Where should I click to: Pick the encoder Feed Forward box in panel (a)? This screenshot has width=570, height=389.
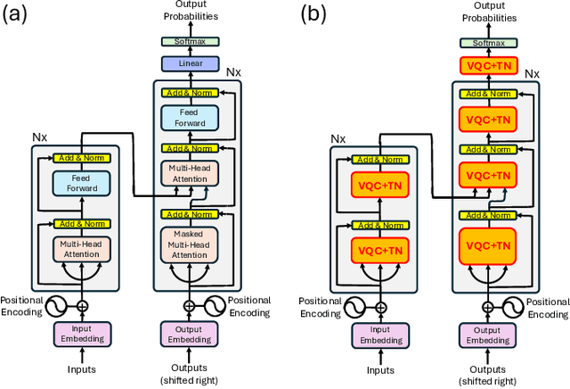(x=82, y=183)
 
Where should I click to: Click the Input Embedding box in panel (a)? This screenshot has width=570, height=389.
(x=81, y=335)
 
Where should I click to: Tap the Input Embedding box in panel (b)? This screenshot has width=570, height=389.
(x=380, y=335)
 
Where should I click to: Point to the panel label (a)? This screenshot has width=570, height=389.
(x=19, y=14)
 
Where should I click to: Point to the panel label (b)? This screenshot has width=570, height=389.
(x=317, y=14)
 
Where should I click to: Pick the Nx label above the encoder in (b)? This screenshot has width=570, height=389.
(x=338, y=139)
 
